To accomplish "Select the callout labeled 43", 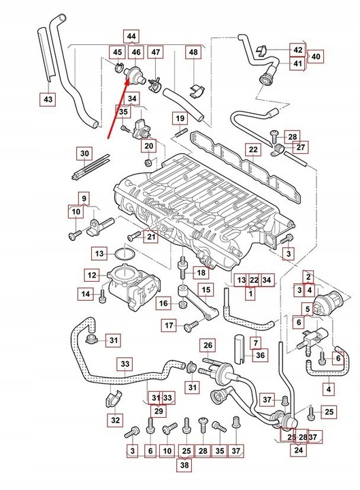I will [x=47, y=99].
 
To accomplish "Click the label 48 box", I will [x=194, y=52].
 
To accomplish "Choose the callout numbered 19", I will [x=180, y=119].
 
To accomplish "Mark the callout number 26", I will [x=208, y=345].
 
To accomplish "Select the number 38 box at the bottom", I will [x=184, y=466].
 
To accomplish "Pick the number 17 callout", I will [x=169, y=325].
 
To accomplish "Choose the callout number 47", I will [x=157, y=52].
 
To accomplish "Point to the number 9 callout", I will [x=84, y=199].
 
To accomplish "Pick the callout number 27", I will [x=301, y=146].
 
